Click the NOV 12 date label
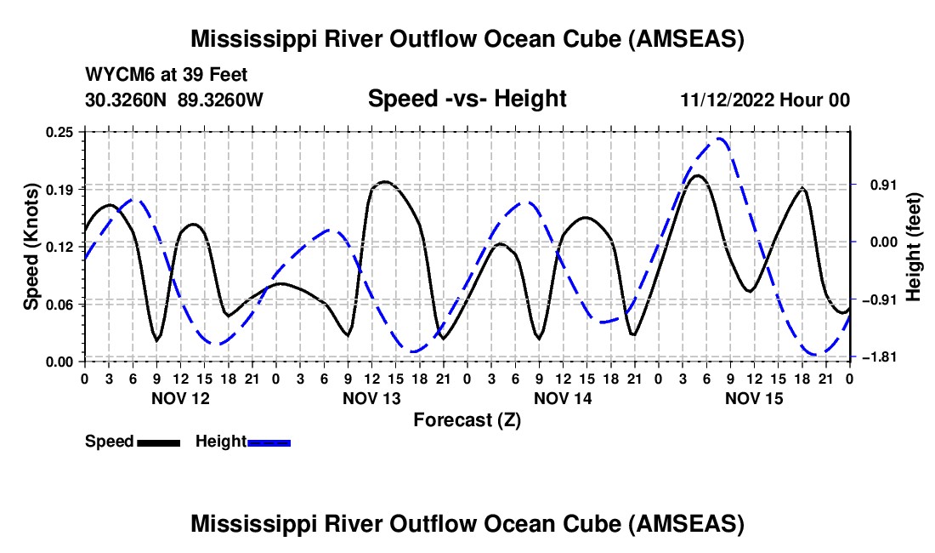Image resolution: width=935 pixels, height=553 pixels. [179, 398]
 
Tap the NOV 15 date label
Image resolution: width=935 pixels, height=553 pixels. [753, 398]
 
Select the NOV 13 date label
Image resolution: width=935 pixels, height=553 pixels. [371, 398]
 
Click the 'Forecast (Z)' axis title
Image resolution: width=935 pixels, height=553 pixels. [467, 419]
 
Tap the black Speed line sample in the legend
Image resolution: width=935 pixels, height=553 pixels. [158, 442]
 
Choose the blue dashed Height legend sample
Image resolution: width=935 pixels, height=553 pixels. [269, 442]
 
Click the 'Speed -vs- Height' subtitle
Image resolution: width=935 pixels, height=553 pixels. [467, 100]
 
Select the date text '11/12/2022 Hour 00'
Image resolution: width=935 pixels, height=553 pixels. [765, 100]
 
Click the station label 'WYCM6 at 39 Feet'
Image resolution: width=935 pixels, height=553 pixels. [167, 75]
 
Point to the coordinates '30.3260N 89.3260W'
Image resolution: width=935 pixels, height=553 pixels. [174, 100]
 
